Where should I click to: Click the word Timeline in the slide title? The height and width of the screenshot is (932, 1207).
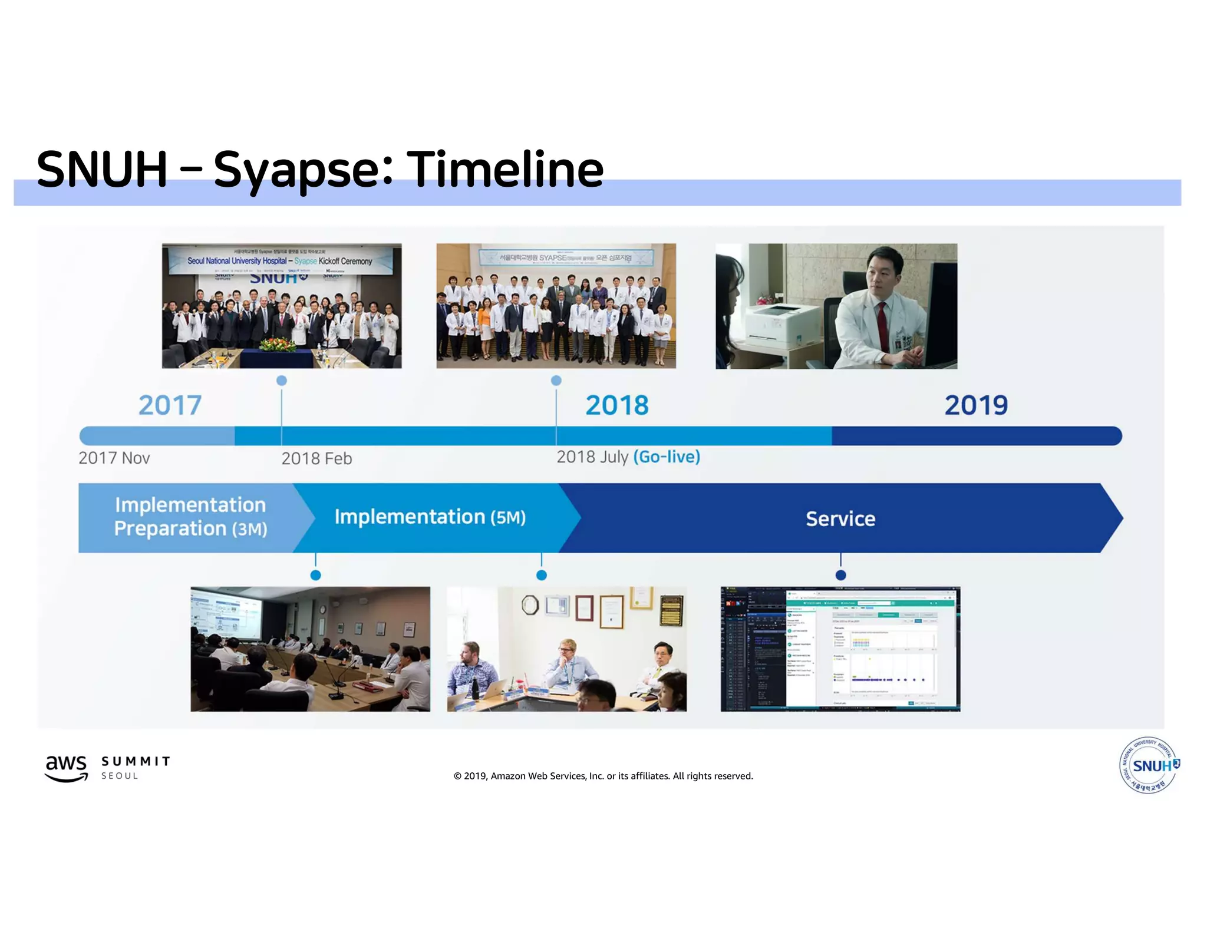click(x=505, y=170)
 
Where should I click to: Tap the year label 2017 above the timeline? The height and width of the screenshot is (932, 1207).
click(x=170, y=405)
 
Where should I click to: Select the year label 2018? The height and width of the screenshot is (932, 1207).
click(x=616, y=405)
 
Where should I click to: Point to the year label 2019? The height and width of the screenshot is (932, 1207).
click(x=976, y=405)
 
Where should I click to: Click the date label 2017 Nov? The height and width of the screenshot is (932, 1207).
click(x=114, y=458)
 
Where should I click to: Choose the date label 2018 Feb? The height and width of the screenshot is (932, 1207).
click(x=316, y=458)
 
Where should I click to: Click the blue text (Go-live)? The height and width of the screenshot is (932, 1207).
click(x=667, y=457)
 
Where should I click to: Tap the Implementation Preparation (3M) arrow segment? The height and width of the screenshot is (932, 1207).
click(x=190, y=517)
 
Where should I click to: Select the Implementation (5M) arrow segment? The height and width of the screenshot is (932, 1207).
click(x=430, y=517)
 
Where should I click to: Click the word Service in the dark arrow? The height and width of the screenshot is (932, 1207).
click(x=840, y=518)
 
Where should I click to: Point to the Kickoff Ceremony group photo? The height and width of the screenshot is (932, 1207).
click(x=282, y=306)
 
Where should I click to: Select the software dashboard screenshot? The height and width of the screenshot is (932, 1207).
click(x=840, y=649)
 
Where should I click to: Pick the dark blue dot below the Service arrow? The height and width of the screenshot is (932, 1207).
click(x=840, y=575)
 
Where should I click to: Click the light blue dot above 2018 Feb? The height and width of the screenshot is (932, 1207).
click(x=282, y=381)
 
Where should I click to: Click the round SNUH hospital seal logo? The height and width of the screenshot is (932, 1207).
click(x=1148, y=765)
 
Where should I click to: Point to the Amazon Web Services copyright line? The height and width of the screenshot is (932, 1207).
click(x=603, y=776)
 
